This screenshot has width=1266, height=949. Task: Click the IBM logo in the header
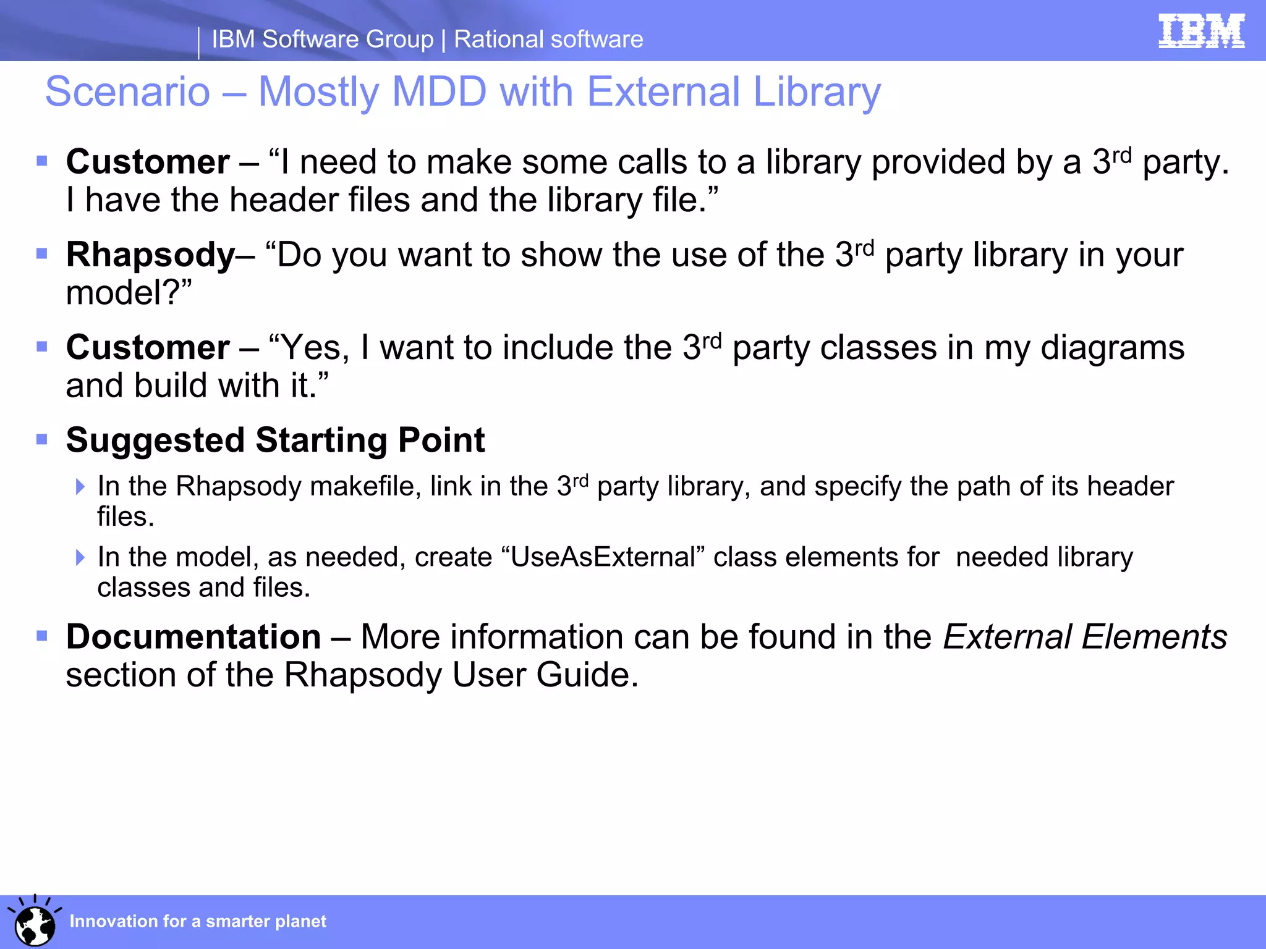point(1201,32)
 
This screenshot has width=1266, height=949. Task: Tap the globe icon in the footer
point(35,924)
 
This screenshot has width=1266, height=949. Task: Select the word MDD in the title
point(440,92)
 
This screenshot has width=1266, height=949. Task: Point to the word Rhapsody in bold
point(150,255)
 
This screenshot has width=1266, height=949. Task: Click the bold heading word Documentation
point(193,637)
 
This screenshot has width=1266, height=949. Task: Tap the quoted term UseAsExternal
point(603,557)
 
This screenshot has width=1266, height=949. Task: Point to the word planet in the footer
point(300,921)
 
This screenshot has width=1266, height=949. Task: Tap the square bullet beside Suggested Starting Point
point(42,440)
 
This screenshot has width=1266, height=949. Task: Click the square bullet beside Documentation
point(42,636)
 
